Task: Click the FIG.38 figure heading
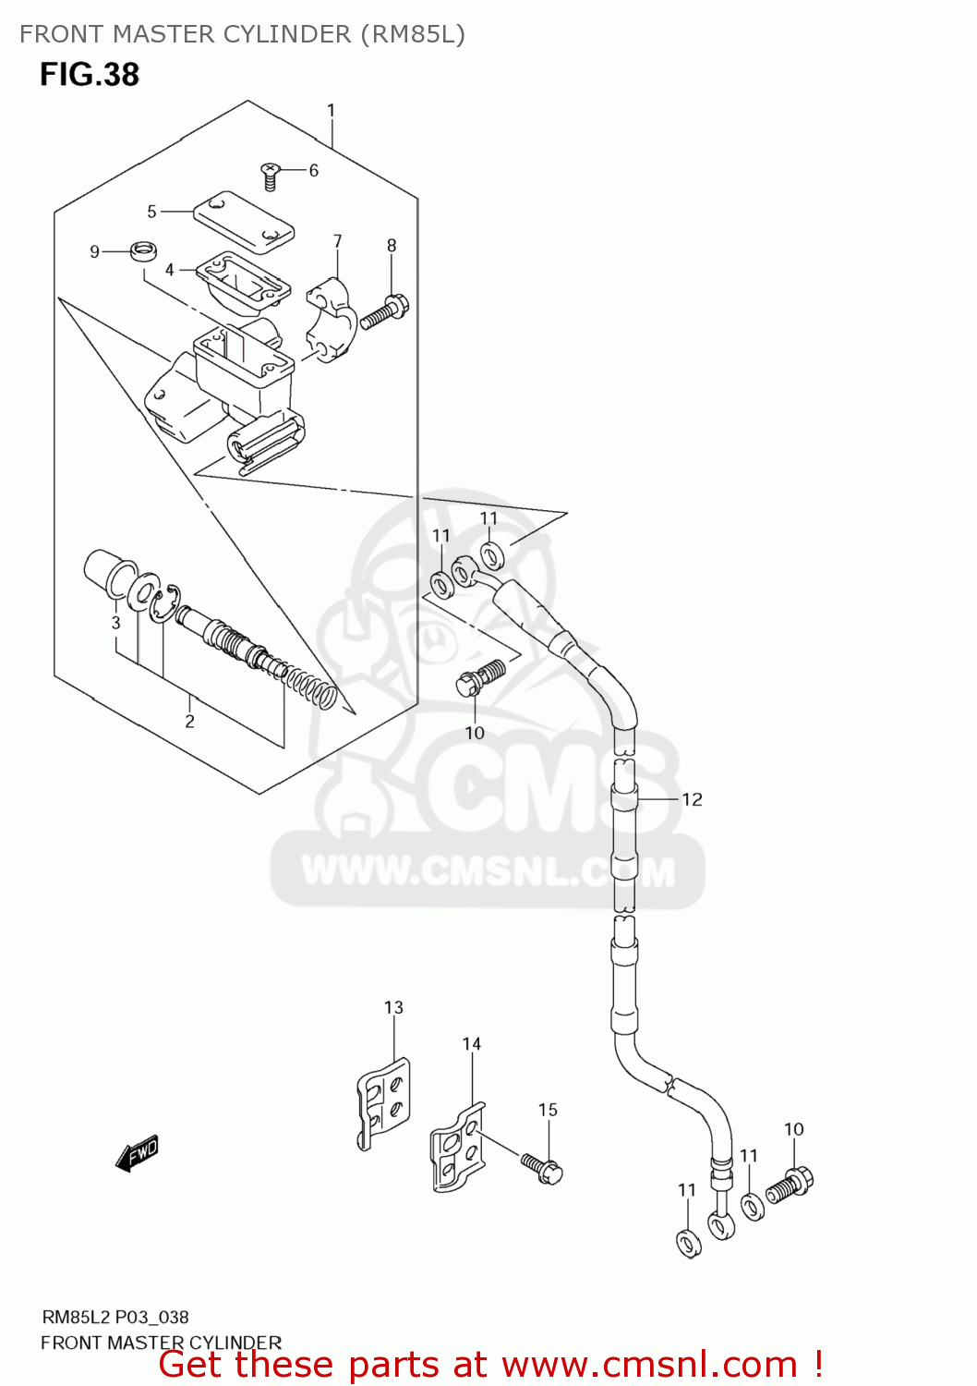click(x=90, y=74)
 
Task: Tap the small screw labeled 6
click(x=270, y=175)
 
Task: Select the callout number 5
click(x=152, y=212)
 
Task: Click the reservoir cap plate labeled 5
click(x=244, y=222)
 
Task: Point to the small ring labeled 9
click(x=142, y=250)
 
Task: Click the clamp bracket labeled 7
click(x=332, y=320)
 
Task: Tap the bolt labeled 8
click(x=385, y=312)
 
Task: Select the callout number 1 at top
click(x=332, y=111)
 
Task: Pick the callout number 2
click(x=189, y=721)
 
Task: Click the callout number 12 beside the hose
click(x=693, y=799)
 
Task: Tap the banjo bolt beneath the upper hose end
click(x=481, y=678)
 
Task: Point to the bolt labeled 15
click(x=542, y=1168)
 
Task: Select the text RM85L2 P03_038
click(x=115, y=1318)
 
